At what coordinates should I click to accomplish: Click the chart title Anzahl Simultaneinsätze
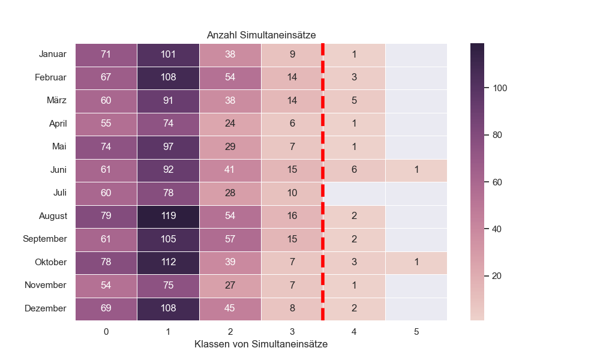261,35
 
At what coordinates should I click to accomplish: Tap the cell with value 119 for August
168,216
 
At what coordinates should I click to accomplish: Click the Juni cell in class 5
416,170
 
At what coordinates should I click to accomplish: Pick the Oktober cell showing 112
168,262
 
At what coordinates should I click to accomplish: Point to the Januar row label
53,55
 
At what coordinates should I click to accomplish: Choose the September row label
45,239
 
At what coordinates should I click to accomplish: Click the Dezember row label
46,308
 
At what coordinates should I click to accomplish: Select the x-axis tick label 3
292,331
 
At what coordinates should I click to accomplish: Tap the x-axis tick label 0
106,331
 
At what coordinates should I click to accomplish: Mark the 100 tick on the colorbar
500,88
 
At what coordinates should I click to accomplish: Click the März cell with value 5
354,101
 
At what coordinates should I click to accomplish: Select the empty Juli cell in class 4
354,193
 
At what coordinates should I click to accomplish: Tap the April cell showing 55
106,124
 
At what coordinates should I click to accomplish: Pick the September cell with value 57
230,239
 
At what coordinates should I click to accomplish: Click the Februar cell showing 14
292,78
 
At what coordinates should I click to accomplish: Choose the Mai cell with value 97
168,147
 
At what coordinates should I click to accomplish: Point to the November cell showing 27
230,286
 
